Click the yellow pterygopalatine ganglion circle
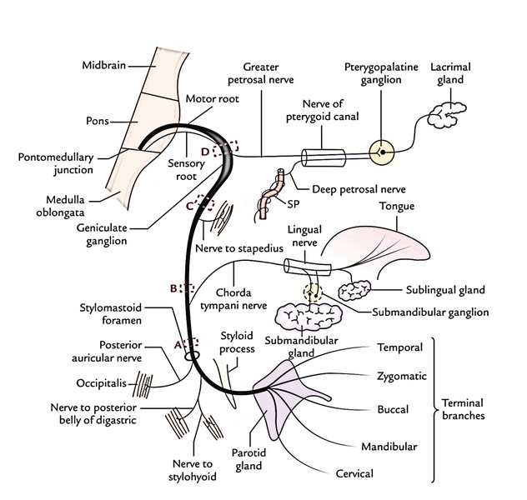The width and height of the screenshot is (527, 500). coord(380,152)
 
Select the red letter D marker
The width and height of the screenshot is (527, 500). coord(218,150)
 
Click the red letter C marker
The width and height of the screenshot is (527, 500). coord(191,205)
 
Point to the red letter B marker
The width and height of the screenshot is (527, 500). coord(173,288)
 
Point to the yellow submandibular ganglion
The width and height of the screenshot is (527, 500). coord(311,293)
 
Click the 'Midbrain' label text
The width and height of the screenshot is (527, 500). coord(105,65)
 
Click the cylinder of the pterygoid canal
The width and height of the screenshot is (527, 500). coord(323,157)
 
